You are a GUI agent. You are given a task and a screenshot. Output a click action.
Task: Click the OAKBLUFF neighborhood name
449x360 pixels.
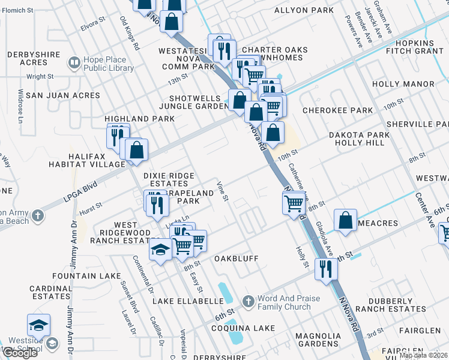(x=237, y=259)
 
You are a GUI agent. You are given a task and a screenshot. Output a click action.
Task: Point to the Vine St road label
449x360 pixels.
(x=223, y=190)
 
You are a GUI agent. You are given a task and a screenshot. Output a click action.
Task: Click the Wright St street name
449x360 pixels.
(x=40, y=77)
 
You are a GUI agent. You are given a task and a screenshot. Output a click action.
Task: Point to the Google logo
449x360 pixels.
(x=20, y=353)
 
